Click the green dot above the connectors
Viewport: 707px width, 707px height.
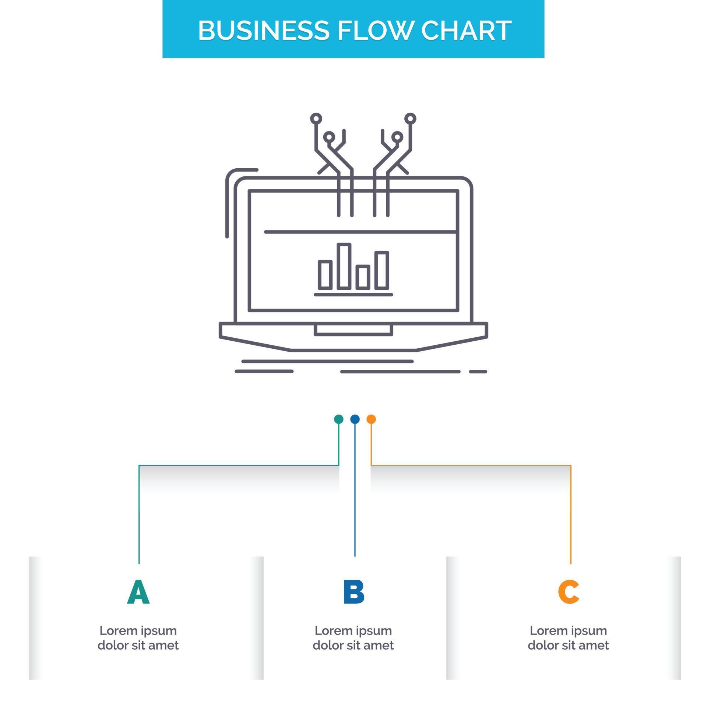click(338, 419)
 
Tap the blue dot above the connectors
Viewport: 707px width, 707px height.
click(355, 419)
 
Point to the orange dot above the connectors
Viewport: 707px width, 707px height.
click(371, 419)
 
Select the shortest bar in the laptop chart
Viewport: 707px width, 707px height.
click(363, 277)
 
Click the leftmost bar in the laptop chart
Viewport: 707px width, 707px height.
click(325, 274)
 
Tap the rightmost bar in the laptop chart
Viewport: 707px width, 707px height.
click(382, 270)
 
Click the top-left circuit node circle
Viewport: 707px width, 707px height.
click(316, 119)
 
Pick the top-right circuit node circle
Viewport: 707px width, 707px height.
click(410, 119)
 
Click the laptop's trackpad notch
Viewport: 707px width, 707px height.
click(353, 330)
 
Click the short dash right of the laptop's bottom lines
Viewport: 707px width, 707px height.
click(478, 372)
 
